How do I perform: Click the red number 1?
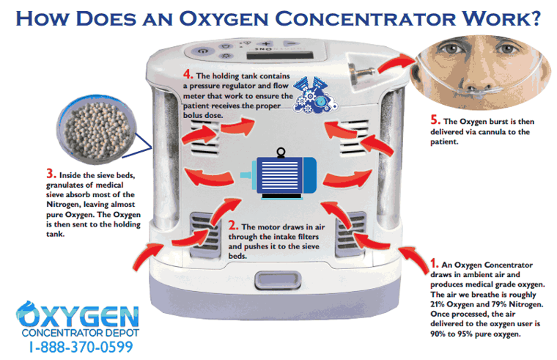(435, 262)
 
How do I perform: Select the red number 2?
(233, 227)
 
